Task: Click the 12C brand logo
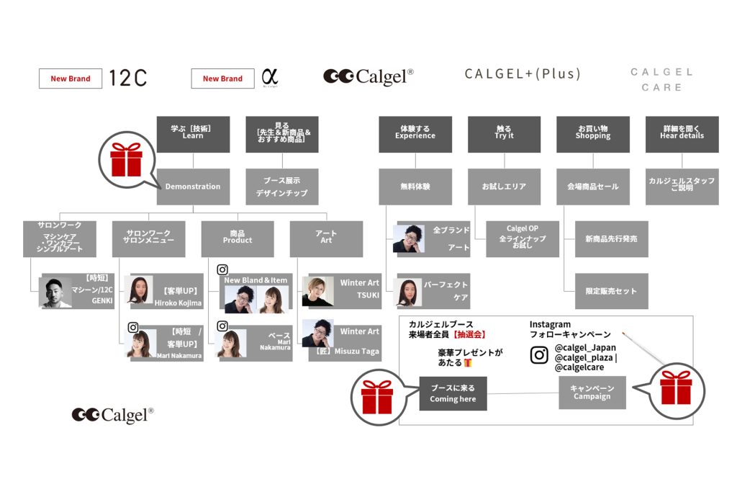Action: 128,78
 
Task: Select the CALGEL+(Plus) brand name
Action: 523,74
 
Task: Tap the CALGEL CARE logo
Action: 661,79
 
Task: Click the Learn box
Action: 193,135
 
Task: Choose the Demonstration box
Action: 193,187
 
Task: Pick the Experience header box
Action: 415,135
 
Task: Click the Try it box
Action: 504,135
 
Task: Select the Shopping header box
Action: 593,135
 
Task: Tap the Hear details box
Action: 682,135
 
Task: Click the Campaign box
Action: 592,393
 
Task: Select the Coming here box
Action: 453,393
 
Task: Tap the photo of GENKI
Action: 55,292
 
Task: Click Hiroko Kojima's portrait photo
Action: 140,290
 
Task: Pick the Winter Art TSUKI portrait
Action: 317,291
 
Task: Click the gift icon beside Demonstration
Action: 126,159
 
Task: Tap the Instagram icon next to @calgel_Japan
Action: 539,355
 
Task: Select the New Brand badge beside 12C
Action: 71,79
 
